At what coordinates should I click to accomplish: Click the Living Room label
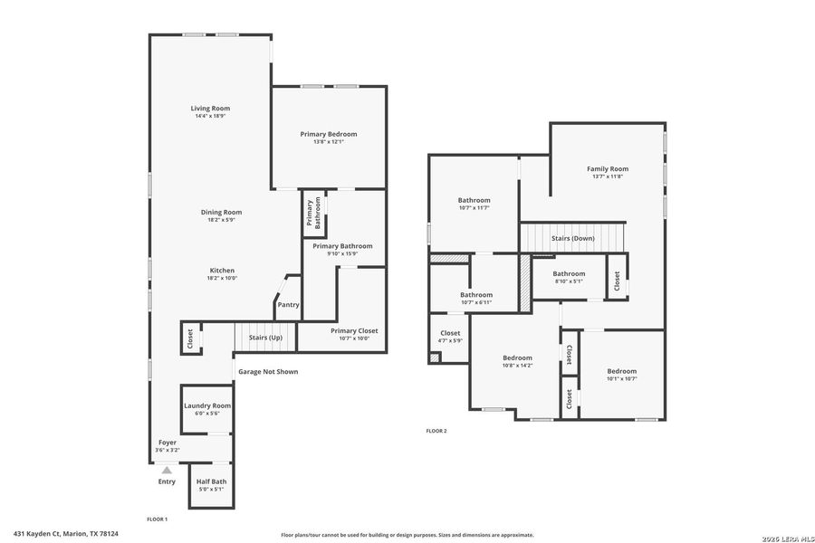coord(210,109)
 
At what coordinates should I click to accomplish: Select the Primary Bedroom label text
coord(329,134)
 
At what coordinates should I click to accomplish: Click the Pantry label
coord(288,305)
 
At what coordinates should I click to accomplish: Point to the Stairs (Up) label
coord(265,338)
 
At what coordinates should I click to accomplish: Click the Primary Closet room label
coord(354,330)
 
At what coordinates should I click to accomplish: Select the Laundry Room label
coord(207,405)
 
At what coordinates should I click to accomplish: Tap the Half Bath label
coord(211,481)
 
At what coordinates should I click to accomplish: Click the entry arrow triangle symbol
coord(166,470)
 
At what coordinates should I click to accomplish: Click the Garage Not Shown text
coord(267,372)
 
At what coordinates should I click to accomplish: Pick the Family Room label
coord(608,169)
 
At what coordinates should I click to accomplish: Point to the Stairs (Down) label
coord(573,239)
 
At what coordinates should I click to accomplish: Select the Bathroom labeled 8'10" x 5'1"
coord(570,273)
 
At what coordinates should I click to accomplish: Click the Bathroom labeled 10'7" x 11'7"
coord(474,200)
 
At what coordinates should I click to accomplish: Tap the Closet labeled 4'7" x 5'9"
coord(450,333)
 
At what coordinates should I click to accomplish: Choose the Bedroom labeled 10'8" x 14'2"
coord(517,358)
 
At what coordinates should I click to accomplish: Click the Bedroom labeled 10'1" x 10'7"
coord(621,371)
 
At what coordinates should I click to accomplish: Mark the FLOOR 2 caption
coord(436,431)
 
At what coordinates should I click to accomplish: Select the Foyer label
coord(168,443)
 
